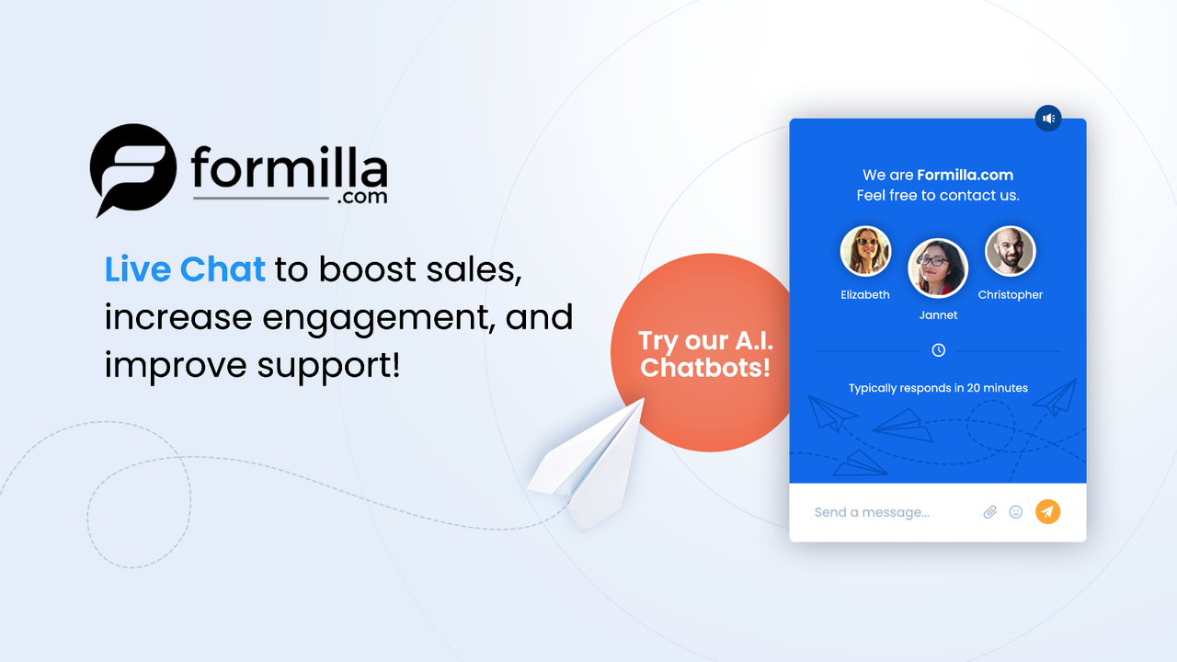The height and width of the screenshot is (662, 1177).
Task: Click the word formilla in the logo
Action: click(x=289, y=168)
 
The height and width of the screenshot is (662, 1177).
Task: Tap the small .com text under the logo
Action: click(x=362, y=197)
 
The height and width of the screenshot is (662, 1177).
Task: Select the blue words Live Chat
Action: click(x=185, y=269)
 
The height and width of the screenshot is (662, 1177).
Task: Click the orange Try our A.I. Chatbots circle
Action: click(x=704, y=353)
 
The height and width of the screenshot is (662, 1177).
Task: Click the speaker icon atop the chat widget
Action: click(x=1048, y=118)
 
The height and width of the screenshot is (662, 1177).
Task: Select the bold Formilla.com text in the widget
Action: click(x=965, y=175)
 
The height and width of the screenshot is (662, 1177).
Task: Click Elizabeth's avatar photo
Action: click(x=865, y=251)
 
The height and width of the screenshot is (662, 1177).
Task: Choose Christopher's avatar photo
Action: click(x=1010, y=251)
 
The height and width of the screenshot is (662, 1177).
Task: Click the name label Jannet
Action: click(x=938, y=315)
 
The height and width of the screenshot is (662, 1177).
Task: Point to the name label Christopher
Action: click(x=1010, y=295)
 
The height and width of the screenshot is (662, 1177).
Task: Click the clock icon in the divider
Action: click(x=938, y=350)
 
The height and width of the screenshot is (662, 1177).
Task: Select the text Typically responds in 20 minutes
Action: click(x=938, y=388)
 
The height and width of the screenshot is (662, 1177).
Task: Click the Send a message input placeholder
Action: click(x=872, y=512)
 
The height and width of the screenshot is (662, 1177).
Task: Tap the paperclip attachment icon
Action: click(x=989, y=512)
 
